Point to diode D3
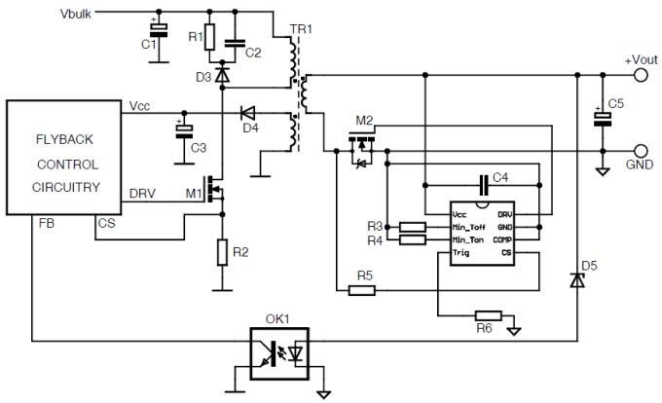(222, 73)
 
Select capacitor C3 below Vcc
(181, 130)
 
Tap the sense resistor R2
(223, 253)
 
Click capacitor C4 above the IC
(484, 184)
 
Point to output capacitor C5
(604, 118)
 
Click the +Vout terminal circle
(641, 74)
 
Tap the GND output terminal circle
(641, 150)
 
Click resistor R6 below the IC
(487, 315)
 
